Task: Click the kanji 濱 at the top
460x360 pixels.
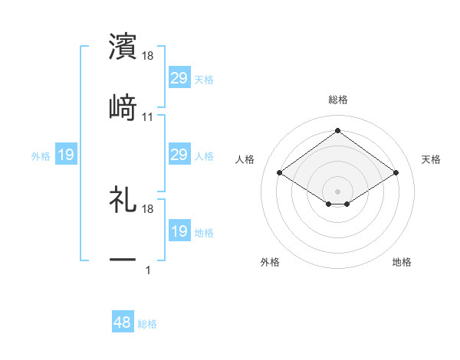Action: click(123, 46)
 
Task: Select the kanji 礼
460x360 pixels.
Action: click(123, 200)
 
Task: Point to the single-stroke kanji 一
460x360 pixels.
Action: click(123, 260)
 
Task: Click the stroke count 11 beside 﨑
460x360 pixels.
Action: click(148, 116)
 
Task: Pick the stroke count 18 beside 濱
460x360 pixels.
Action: click(148, 56)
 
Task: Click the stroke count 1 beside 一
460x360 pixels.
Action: click(148, 270)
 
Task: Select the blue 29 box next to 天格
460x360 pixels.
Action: click(179, 78)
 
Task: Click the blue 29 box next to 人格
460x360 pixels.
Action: click(179, 155)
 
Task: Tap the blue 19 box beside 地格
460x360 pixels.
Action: click(179, 231)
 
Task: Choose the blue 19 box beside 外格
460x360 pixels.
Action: click(66, 155)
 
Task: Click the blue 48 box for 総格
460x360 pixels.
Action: click(123, 323)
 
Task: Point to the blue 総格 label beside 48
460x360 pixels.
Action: click(147, 324)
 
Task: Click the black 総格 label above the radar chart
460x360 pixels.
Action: click(338, 100)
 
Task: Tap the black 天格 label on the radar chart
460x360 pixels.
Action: click(432, 159)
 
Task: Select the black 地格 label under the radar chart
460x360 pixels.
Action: click(402, 262)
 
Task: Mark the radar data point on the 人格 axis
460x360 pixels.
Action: click(280, 173)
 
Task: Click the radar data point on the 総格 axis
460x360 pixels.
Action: click(338, 131)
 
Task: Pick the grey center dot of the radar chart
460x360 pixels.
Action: click(338, 190)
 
